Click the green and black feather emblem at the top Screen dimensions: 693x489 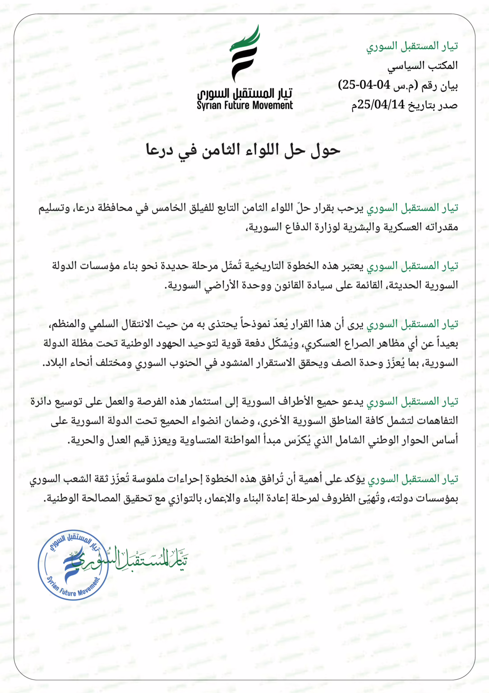click(245, 53)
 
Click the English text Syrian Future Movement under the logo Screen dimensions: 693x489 click(245, 106)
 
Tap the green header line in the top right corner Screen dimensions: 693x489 click(412, 46)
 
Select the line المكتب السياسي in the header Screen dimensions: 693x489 click(423, 65)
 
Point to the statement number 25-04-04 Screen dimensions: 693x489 click(364, 85)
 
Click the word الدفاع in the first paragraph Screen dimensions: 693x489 click(301, 227)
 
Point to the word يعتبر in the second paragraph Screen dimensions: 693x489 click(351, 266)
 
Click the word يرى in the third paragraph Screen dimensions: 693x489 click(356, 324)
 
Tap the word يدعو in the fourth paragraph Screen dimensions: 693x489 click(352, 402)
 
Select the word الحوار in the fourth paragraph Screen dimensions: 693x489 click(419, 440)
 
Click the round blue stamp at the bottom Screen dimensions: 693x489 click(73, 565)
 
